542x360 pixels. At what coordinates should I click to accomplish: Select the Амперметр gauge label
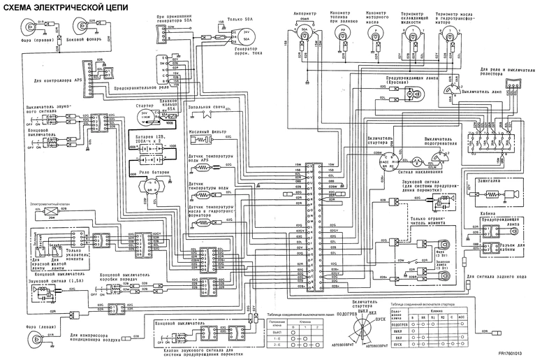point(305,13)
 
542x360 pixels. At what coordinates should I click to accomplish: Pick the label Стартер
point(144,104)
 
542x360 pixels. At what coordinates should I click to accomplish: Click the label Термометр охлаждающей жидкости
point(416,15)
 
